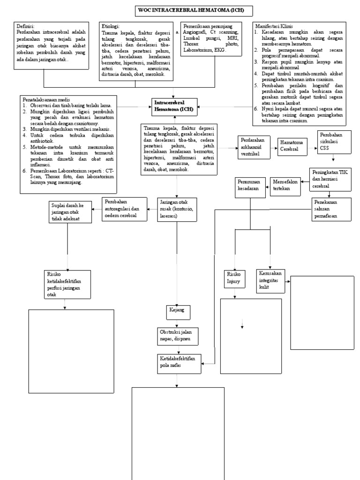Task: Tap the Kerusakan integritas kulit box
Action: [x=271, y=280]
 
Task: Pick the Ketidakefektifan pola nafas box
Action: [x=180, y=362]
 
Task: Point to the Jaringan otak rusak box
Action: [x=176, y=209]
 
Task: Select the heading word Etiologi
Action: [x=111, y=26]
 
